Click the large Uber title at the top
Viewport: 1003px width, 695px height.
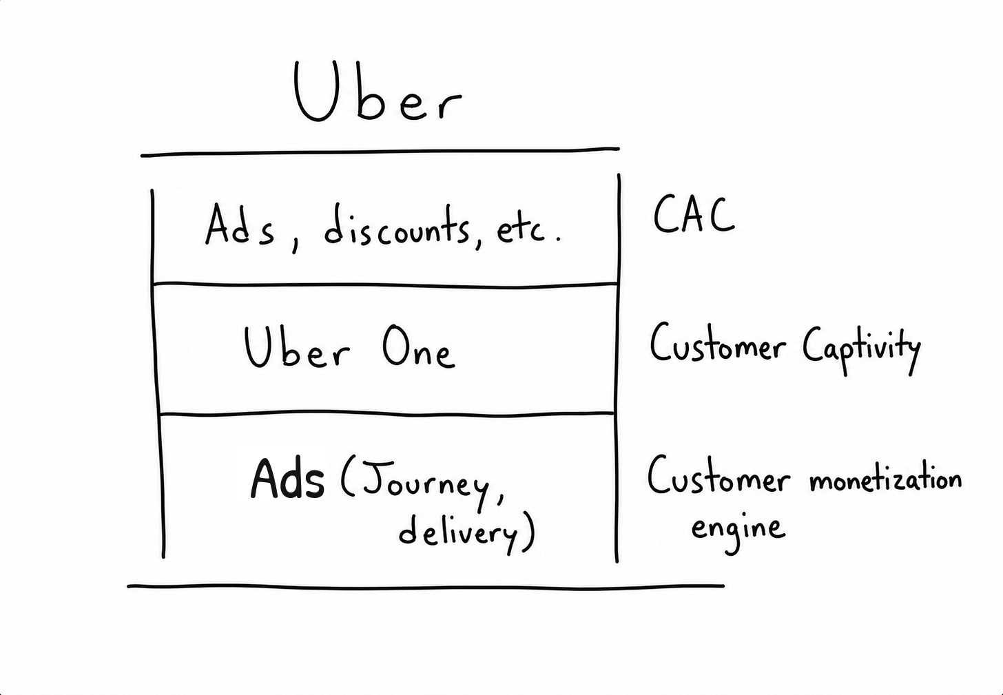pyautogui.click(x=378, y=92)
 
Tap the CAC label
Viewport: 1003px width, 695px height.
pyautogui.click(x=694, y=215)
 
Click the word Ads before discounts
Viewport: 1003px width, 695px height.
pyautogui.click(x=240, y=226)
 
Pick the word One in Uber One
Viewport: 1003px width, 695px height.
pyautogui.click(x=419, y=347)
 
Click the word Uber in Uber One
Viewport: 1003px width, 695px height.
pyautogui.click(x=296, y=346)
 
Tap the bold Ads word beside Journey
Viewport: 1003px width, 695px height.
pyautogui.click(x=287, y=478)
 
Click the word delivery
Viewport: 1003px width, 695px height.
pyautogui.click(x=457, y=533)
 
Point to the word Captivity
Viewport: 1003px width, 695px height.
pyautogui.click(x=861, y=350)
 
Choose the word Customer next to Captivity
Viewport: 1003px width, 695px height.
pyautogui.click(x=717, y=344)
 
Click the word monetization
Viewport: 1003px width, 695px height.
pyautogui.click(x=885, y=479)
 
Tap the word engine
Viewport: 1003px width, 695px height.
pyautogui.click(x=738, y=531)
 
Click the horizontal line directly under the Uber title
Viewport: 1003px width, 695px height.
pyautogui.click(x=380, y=152)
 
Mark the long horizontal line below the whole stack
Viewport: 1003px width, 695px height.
pyautogui.click(x=426, y=587)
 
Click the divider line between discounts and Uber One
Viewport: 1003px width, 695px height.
pyautogui.click(x=386, y=284)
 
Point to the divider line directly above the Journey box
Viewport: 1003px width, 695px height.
pyautogui.click(x=387, y=413)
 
